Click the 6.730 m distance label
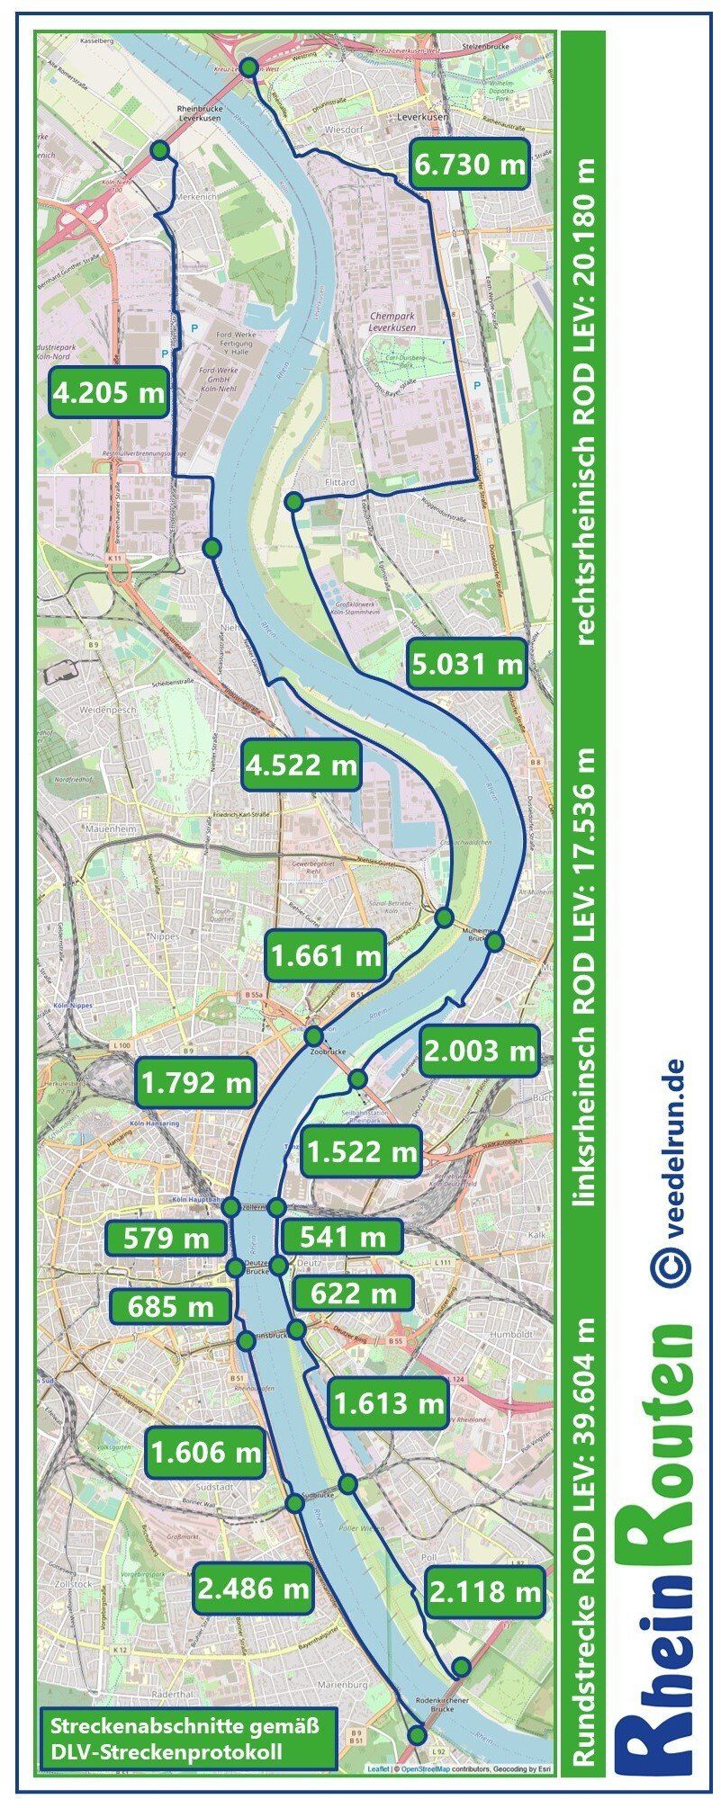point(469,164)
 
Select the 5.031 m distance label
point(466,664)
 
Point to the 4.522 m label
point(302,765)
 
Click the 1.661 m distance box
point(325,955)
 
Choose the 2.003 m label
point(480,1050)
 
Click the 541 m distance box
point(341,1236)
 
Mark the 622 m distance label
point(352,1293)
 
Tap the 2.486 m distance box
point(253,1588)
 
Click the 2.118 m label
point(485,1591)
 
